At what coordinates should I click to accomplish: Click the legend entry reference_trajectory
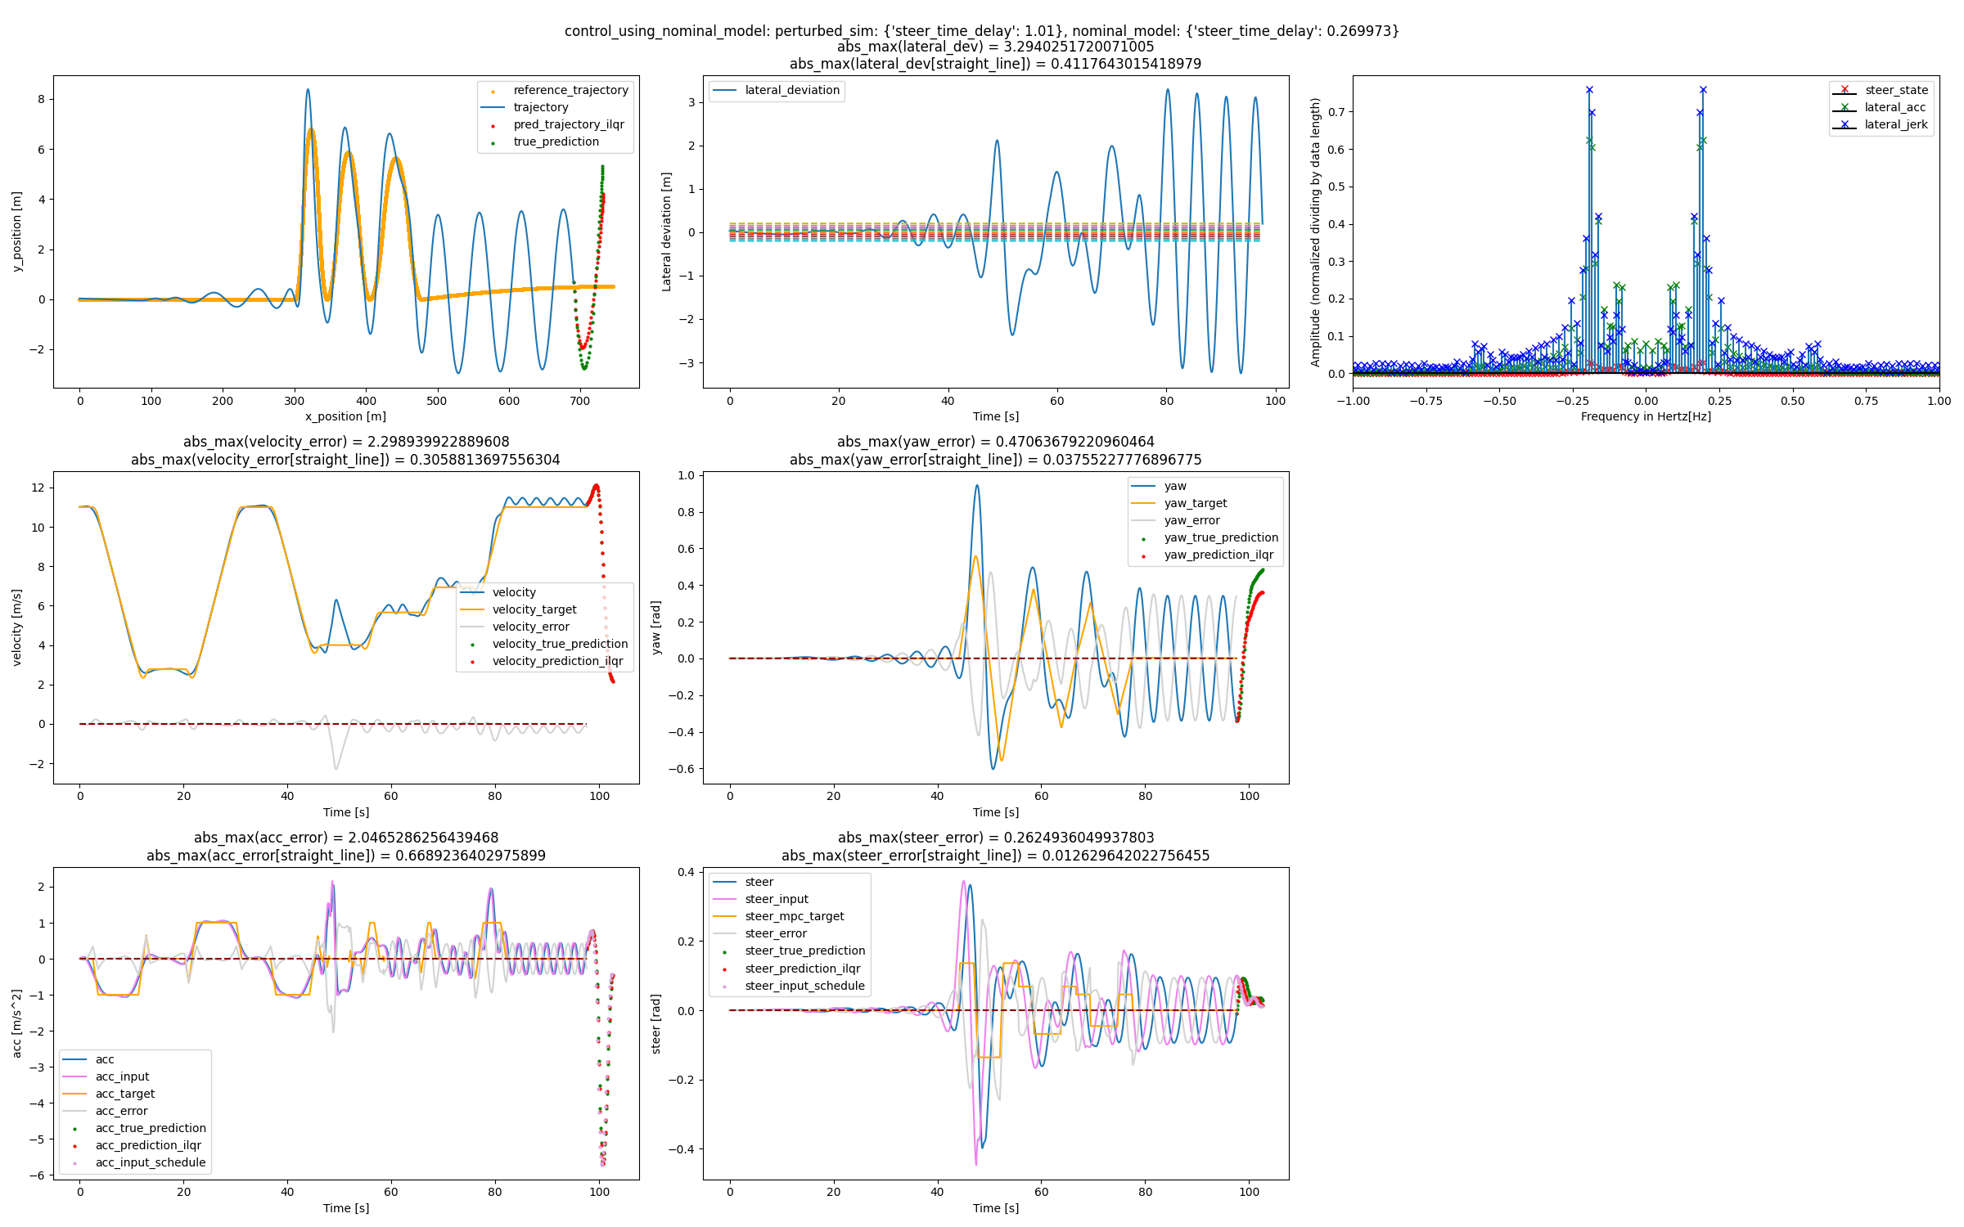[x=570, y=90]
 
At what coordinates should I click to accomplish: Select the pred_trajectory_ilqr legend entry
[x=569, y=124]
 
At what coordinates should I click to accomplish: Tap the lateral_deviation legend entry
[x=791, y=90]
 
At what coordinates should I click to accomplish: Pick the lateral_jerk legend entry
[x=1895, y=124]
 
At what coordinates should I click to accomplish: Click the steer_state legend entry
[x=1896, y=90]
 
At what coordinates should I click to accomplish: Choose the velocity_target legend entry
[x=534, y=609]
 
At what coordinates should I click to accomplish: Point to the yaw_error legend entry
[x=1191, y=520]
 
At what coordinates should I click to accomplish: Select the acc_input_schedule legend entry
[x=151, y=1162]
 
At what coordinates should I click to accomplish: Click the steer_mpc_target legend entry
[x=794, y=916]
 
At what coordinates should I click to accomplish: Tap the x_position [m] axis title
[x=345, y=416]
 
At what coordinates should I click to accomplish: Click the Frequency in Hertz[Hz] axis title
[x=1645, y=416]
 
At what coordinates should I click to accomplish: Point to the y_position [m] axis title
[x=17, y=231]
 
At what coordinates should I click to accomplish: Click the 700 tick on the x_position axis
[x=579, y=401]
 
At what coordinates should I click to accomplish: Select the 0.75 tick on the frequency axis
[x=1866, y=401]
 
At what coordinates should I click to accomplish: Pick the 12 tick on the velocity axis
[x=38, y=488]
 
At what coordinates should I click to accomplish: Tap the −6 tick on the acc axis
[x=36, y=1175]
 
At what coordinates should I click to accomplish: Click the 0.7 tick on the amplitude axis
[x=1336, y=112]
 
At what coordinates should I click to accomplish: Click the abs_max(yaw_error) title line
[x=995, y=442]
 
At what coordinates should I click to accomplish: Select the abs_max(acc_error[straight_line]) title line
[x=345, y=856]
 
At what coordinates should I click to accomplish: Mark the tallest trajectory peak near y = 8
[x=308, y=89]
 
